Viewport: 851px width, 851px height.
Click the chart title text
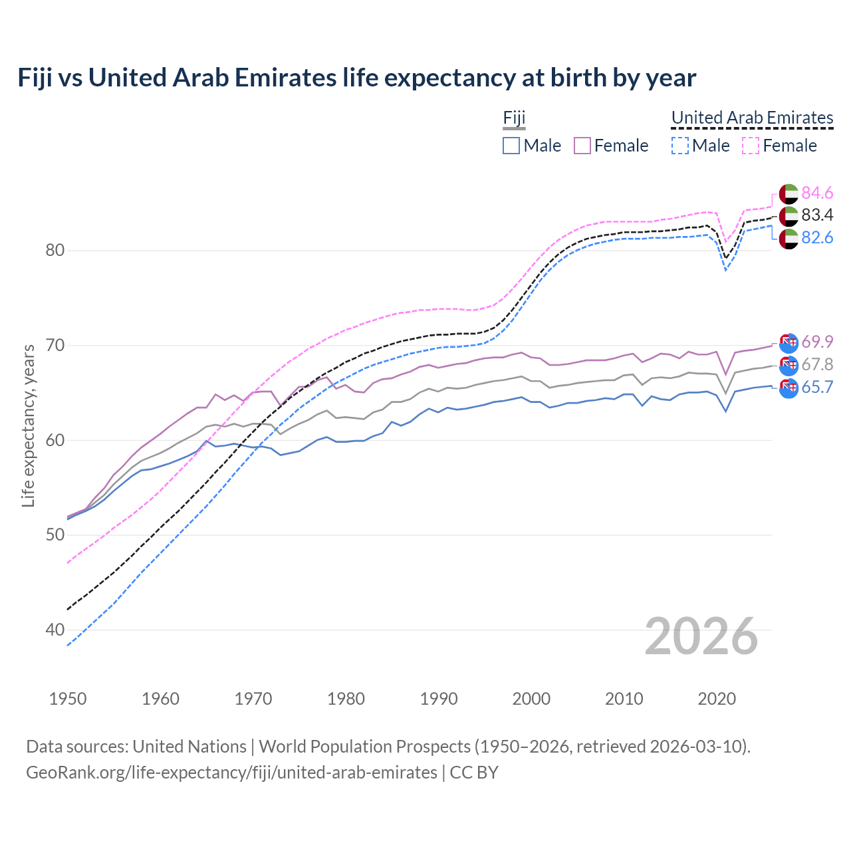point(356,78)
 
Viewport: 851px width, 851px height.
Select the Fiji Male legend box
point(511,146)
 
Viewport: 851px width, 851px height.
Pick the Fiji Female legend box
point(582,146)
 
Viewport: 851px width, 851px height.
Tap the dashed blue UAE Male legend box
point(679,146)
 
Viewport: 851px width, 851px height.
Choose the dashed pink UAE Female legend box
point(751,146)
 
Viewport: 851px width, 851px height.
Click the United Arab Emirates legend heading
point(752,118)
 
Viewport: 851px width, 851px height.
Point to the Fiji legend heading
point(514,118)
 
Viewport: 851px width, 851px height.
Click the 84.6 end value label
point(817,193)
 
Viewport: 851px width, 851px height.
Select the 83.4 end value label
point(817,215)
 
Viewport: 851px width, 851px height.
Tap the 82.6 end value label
point(817,238)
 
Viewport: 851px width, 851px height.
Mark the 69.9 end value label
point(817,342)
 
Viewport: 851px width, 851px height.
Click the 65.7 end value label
point(817,388)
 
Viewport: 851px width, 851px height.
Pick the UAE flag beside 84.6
point(789,193)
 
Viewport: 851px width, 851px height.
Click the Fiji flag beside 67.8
point(789,365)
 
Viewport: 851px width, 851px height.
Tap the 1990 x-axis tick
point(439,699)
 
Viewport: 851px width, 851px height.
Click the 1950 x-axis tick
point(68,699)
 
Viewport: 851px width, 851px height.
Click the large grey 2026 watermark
point(701,637)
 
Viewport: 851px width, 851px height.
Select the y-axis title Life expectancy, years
point(29,425)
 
